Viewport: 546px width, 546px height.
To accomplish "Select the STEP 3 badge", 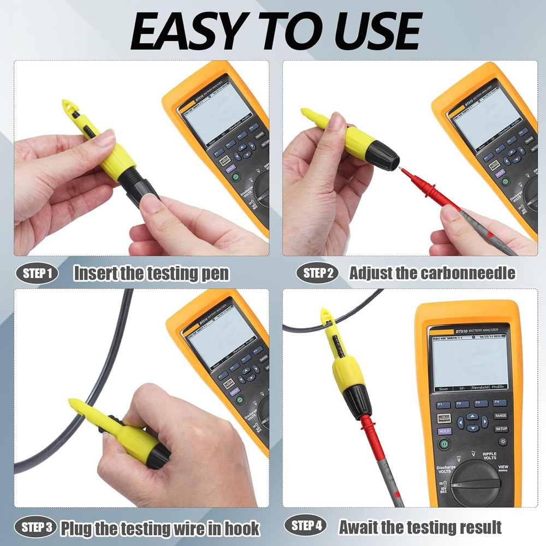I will pos(37,527).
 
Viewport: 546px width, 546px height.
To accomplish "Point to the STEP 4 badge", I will pos(306,526).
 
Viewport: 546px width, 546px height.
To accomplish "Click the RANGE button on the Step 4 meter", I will pos(501,416).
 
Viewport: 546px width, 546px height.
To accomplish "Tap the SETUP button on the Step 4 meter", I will pos(501,429).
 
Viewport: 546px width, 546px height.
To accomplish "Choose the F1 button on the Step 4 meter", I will pos(443,405).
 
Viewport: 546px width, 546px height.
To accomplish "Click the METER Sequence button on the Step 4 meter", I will pos(444,418).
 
